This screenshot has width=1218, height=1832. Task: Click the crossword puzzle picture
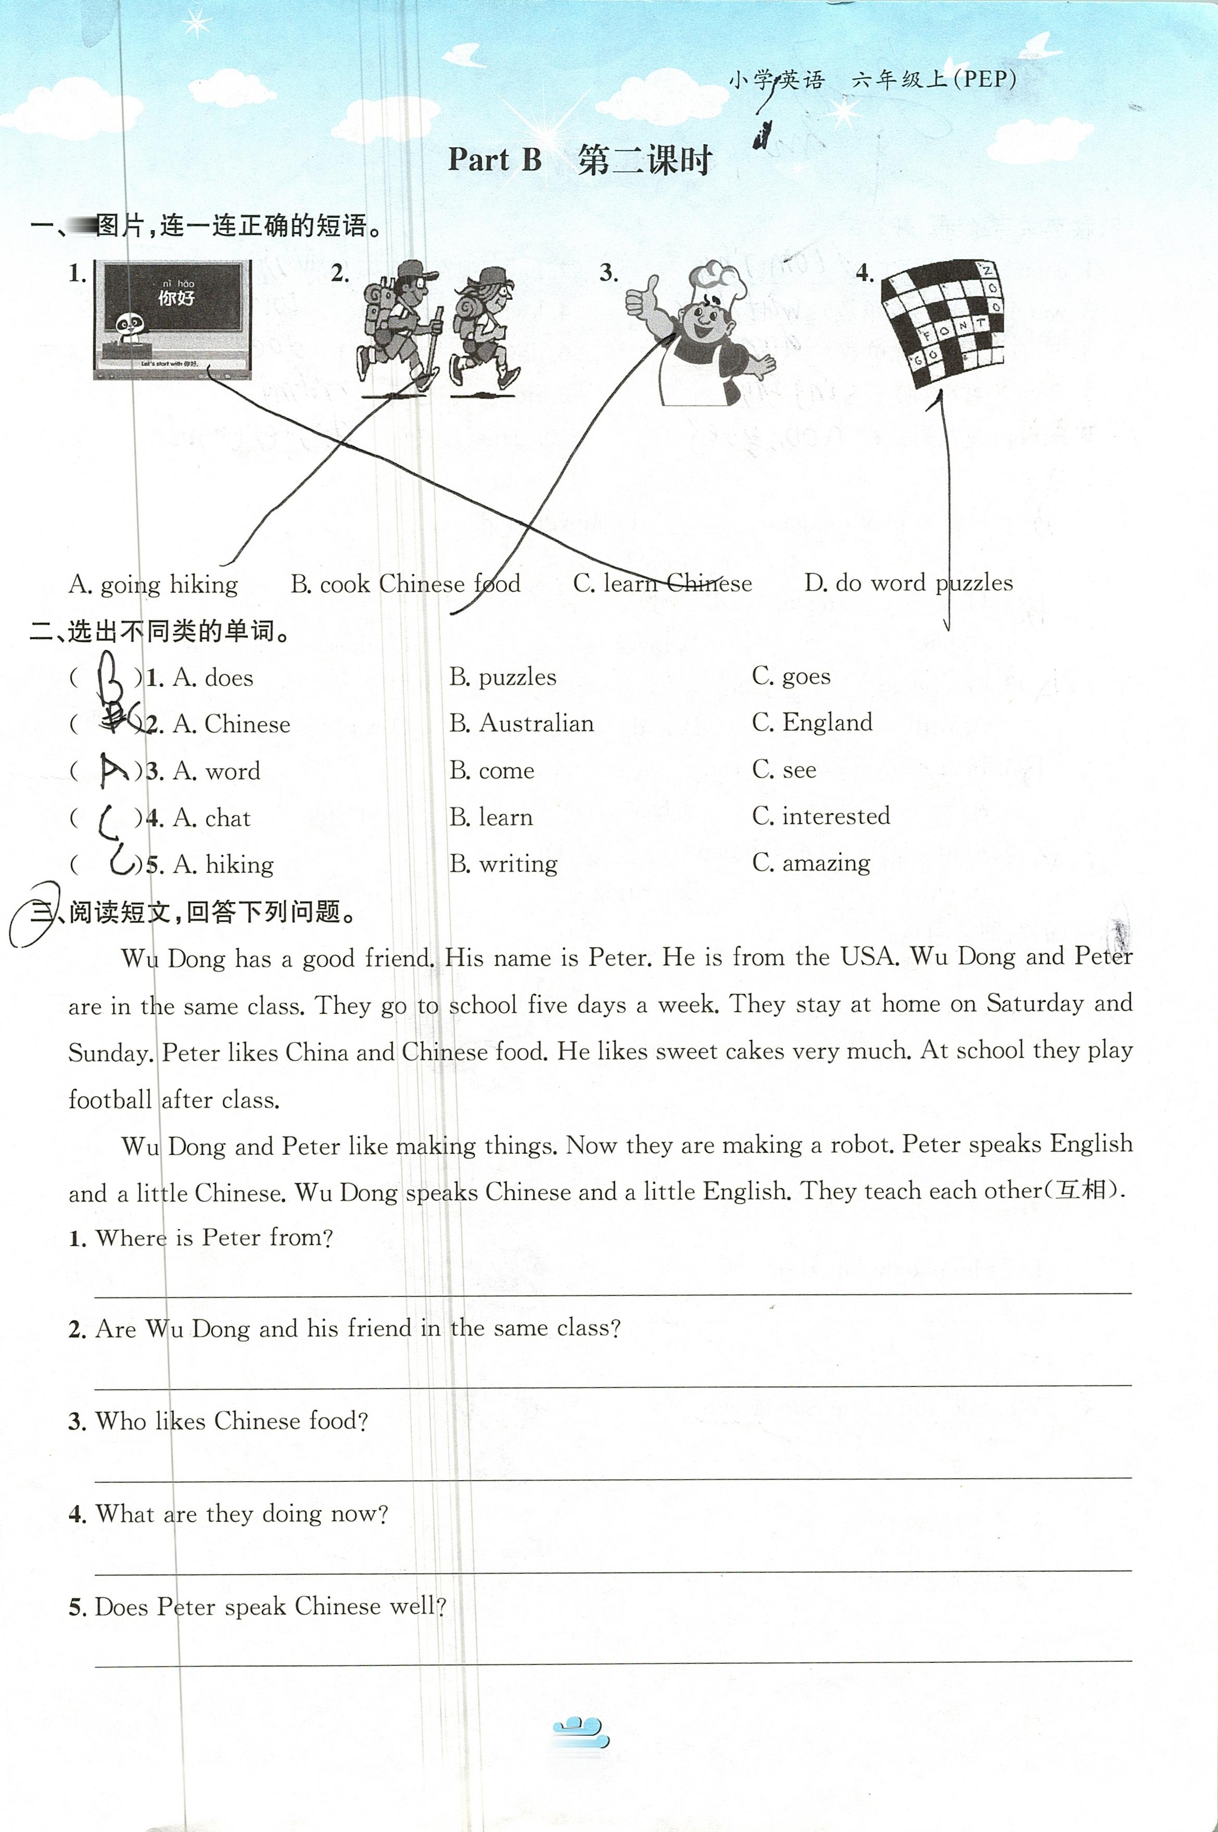[942, 322]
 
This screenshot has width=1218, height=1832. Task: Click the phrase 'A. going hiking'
[153, 584]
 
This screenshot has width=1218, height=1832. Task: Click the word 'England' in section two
[827, 722]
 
